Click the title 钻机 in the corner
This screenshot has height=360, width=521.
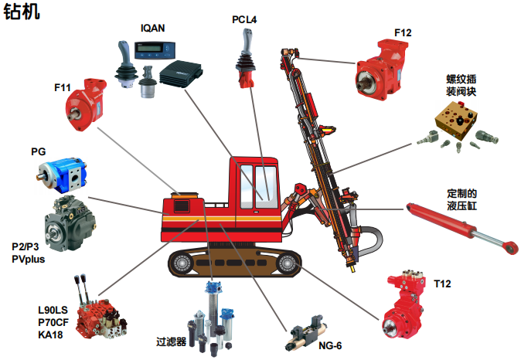pyautogui.click(x=22, y=11)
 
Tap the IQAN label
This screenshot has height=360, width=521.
pyautogui.click(x=153, y=29)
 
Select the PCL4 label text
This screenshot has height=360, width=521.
pyautogui.click(x=244, y=19)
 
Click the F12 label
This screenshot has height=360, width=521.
pyautogui.click(x=403, y=33)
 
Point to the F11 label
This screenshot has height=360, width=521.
pyautogui.click(x=63, y=87)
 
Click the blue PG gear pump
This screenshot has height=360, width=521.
pyautogui.click(x=62, y=175)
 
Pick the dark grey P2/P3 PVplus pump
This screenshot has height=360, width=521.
pyautogui.click(x=70, y=224)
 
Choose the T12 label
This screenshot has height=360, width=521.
pyautogui.click(x=442, y=284)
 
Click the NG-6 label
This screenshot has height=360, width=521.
pyautogui.click(x=330, y=346)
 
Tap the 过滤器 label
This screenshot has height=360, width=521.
pyautogui.click(x=172, y=341)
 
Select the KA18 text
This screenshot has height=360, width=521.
pyautogui.click(x=50, y=335)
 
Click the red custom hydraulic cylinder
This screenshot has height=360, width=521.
pyautogui.click(x=462, y=229)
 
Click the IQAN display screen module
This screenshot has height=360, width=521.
pyautogui.click(x=155, y=50)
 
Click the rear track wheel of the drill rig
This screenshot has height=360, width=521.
pyautogui.click(x=182, y=263)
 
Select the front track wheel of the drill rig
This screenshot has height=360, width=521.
pyautogui.click(x=287, y=263)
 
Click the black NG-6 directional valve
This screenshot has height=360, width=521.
pyautogui.click(x=305, y=332)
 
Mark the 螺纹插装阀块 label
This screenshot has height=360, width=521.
pyautogui.click(x=461, y=85)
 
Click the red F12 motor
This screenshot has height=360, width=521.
pyautogui.click(x=382, y=70)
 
